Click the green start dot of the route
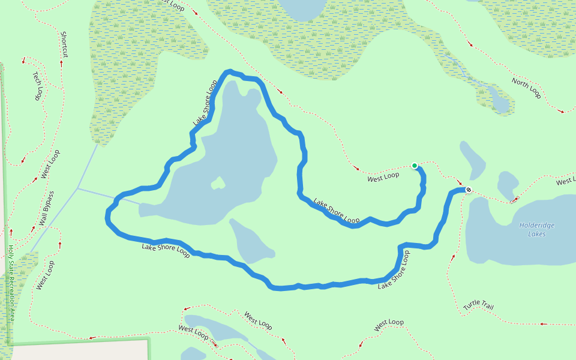click(x=414, y=166)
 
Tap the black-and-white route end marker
click(x=469, y=190)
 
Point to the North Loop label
click(x=526, y=88)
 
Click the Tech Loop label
click(x=38, y=86)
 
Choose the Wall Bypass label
click(x=47, y=208)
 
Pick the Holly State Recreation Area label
click(x=11, y=282)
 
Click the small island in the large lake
click(x=218, y=182)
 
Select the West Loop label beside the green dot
click(x=383, y=176)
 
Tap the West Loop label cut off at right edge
click(x=565, y=181)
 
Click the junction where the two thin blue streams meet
click(x=78, y=189)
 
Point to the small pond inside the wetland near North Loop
click(x=499, y=99)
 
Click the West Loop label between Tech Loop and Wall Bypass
click(x=50, y=164)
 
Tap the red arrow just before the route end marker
click(x=460, y=184)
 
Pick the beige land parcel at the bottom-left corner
click(x=78, y=351)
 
